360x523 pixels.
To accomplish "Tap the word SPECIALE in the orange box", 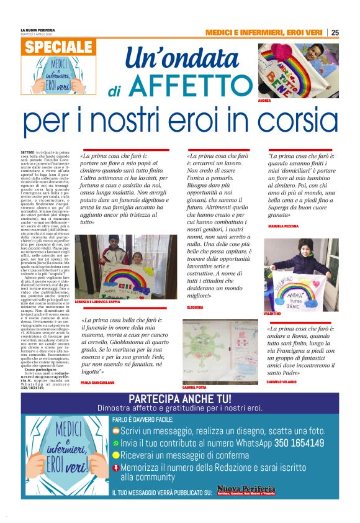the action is [x=60, y=47].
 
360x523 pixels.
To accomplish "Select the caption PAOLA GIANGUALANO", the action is [x=100, y=383].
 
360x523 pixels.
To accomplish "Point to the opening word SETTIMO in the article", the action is [x=27, y=152].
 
